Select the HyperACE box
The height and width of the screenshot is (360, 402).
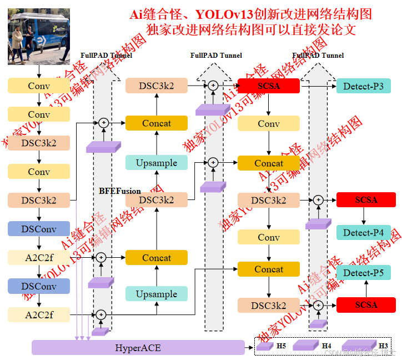click(138, 348)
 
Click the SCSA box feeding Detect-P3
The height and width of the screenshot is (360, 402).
click(269, 86)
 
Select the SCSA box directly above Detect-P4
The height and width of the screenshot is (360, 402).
click(366, 199)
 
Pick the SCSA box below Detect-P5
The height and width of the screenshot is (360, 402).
click(366, 304)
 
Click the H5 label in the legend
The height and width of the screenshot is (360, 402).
click(282, 346)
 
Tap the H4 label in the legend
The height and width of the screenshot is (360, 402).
click(326, 346)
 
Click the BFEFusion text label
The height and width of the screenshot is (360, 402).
click(120, 191)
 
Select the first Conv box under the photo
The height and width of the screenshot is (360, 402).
click(39, 86)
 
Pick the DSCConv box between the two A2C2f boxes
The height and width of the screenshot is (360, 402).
click(39, 286)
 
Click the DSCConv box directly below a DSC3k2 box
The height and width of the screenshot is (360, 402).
click(39, 228)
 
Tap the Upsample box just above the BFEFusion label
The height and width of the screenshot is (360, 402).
click(157, 163)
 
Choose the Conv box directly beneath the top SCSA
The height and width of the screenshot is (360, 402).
click(269, 123)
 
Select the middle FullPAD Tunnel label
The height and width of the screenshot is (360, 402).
click(216, 56)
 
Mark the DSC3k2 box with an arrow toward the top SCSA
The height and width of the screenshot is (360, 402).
click(157, 86)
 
